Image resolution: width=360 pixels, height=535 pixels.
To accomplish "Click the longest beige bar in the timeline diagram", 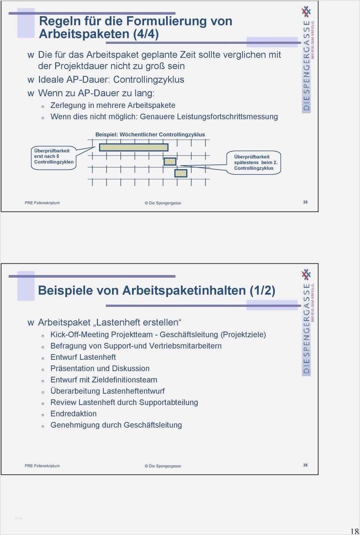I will point(133,147).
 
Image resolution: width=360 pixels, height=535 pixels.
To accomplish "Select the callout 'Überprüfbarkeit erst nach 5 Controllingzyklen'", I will point(54,156).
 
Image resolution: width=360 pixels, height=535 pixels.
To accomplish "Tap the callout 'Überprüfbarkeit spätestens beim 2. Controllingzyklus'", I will point(254,162).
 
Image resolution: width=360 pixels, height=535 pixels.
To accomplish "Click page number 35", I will point(305,202).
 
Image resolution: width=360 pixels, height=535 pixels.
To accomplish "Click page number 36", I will point(305,465).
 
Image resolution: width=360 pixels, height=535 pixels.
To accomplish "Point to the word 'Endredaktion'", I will point(73,414).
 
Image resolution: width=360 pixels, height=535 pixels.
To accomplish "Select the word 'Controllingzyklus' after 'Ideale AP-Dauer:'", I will point(148,80).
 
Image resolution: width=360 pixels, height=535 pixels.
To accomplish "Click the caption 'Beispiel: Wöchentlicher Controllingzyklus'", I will point(150,134).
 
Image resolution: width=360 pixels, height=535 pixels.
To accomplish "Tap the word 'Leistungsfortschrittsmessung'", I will point(227,117).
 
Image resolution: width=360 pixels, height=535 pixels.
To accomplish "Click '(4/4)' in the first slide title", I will point(146,34).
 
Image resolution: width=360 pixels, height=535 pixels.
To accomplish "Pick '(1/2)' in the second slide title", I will point(262,290).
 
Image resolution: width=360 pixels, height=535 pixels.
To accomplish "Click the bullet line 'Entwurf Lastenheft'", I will point(83,357).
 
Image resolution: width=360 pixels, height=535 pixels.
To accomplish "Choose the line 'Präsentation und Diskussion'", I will point(100,368).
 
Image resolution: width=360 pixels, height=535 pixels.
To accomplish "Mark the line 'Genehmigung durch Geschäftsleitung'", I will point(116,425).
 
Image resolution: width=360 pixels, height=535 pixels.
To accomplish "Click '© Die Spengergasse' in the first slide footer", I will point(163,203).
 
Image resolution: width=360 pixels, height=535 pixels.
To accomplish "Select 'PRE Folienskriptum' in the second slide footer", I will point(42,466).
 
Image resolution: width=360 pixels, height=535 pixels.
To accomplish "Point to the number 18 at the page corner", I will point(354,530).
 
